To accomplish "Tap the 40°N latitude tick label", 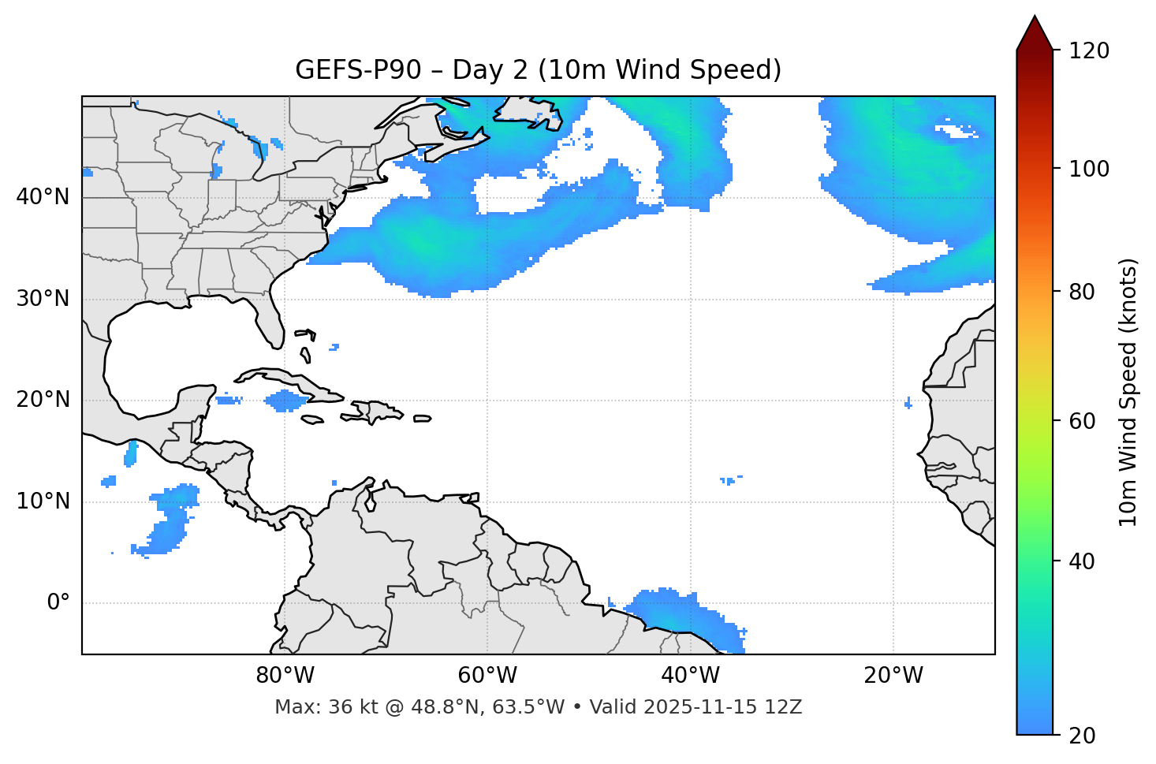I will pos(43,197).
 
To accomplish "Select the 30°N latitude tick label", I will pos(43,299).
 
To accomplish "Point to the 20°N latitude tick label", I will pos(43,400).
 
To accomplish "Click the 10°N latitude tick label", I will pos(43,501).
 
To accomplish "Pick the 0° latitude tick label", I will pos(58,603).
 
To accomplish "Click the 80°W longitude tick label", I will pos(285,676).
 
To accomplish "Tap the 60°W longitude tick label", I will pos(487,676).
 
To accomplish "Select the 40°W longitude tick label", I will pos(690,676).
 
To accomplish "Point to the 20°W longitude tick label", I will pos(893,676).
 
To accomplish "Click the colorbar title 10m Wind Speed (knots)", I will pos(1128,392).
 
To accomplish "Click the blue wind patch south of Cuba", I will pos(285,401).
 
